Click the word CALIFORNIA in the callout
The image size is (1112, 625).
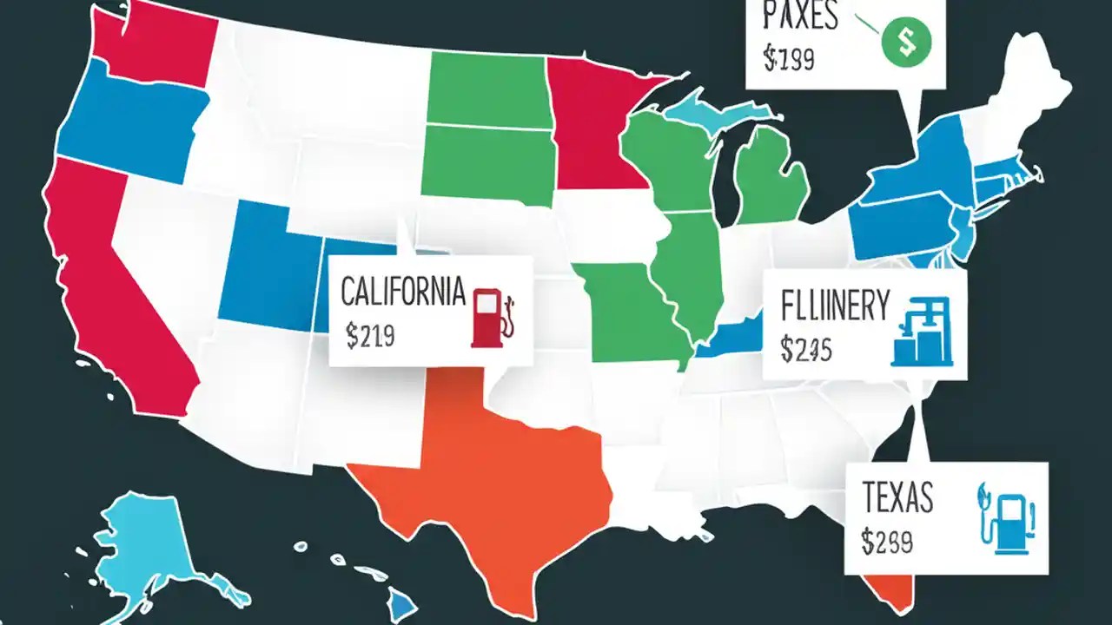(x=402, y=292)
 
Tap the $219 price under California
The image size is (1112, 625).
(x=370, y=336)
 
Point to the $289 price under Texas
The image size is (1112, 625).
(x=887, y=542)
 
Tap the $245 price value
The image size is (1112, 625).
(x=806, y=349)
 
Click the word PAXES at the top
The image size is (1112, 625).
(x=800, y=17)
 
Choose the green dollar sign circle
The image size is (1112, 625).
(x=905, y=41)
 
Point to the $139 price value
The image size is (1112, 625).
(x=788, y=58)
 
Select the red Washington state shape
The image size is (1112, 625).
(x=152, y=43)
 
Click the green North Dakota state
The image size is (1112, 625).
(x=486, y=87)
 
